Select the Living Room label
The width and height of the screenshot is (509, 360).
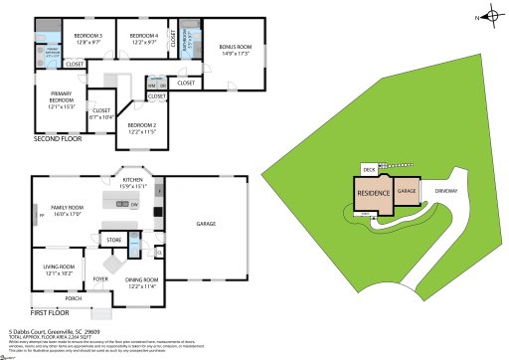pyautogui.click(x=60, y=269)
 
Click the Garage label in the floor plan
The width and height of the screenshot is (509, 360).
pyautogui.click(x=206, y=224)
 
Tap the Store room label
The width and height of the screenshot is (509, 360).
pyautogui.click(x=114, y=240)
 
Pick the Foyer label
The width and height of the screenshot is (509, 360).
pyautogui.click(x=100, y=279)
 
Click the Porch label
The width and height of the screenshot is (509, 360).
pyautogui.click(x=73, y=297)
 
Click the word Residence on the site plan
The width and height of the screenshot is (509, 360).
pyautogui.click(x=373, y=193)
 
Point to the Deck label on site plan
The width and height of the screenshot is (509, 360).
pyautogui.click(x=368, y=170)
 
